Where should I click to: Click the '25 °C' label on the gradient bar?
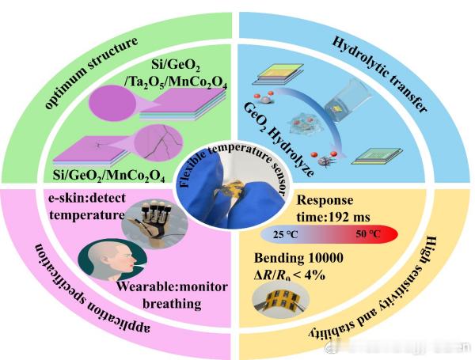(x=287, y=235)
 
